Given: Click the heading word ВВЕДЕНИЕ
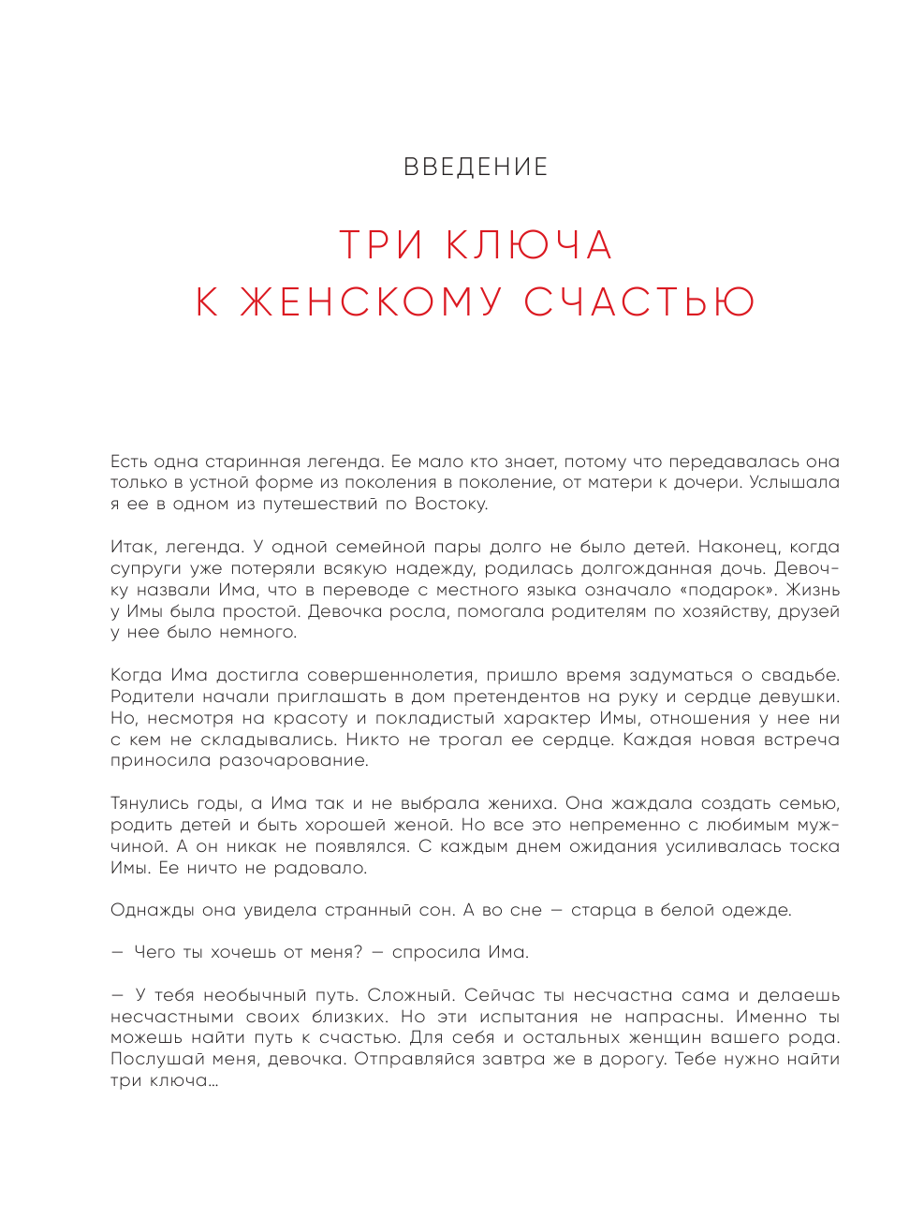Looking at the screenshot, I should (x=476, y=168).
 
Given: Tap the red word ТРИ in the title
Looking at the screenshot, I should (x=380, y=246).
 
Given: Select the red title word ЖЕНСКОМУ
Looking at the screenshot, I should (x=372, y=302).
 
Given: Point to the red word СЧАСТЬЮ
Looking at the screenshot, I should (x=639, y=302).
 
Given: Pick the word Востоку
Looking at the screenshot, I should (x=450, y=504).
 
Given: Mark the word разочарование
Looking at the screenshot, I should (x=294, y=760).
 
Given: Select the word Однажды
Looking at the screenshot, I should (x=151, y=910).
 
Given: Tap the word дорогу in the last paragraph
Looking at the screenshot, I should (x=632, y=1059).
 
